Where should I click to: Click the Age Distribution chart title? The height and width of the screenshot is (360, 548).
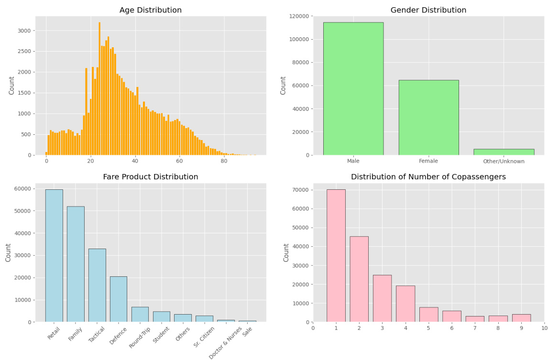pyautogui.click(x=150, y=10)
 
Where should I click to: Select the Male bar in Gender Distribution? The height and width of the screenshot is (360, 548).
pyautogui.click(x=353, y=89)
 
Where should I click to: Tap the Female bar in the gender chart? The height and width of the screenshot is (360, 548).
pyautogui.click(x=428, y=118)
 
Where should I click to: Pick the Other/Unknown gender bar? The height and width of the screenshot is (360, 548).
pyautogui.click(x=504, y=152)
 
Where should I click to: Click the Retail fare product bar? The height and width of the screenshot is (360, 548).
pyautogui.click(x=54, y=256)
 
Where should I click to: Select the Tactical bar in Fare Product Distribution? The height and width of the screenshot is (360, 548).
pyautogui.click(x=97, y=285)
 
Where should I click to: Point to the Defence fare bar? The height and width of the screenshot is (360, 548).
pyautogui.click(x=119, y=299)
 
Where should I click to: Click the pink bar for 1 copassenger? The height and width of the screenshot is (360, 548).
pyautogui.click(x=336, y=256)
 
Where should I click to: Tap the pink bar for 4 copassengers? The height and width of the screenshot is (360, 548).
pyautogui.click(x=405, y=304)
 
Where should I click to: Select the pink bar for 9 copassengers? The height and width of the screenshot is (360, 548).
pyautogui.click(x=521, y=318)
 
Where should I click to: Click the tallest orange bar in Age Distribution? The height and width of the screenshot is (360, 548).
pyautogui.click(x=99, y=89)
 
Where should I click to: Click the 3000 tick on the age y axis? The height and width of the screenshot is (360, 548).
pyautogui.click(x=24, y=31)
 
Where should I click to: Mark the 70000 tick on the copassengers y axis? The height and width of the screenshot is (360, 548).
pyautogui.click(x=300, y=190)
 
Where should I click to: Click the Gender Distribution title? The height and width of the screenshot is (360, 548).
pyautogui.click(x=428, y=10)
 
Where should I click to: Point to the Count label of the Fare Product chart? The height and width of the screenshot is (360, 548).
pyautogui.click(x=8, y=252)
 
